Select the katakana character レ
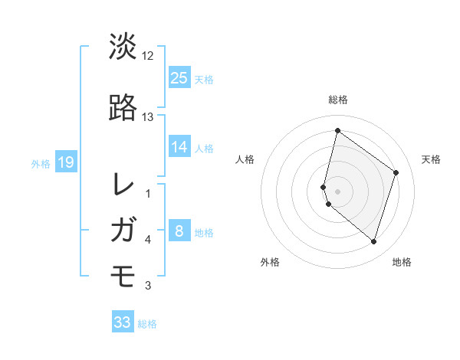(123, 184)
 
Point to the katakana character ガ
(123, 230)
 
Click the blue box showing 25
(179, 77)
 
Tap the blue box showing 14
(179, 147)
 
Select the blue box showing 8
(179, 231)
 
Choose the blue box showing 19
(66, 162)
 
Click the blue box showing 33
(123, 322)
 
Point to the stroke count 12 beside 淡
(148, 56)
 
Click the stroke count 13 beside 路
(148, 117)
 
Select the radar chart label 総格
(337, 100)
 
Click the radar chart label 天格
(431, 159)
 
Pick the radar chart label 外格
(270, 262)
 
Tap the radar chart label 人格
(245, 159)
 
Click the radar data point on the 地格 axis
(373, 242)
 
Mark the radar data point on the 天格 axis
(396, 172)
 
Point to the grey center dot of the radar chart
(337, 191)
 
